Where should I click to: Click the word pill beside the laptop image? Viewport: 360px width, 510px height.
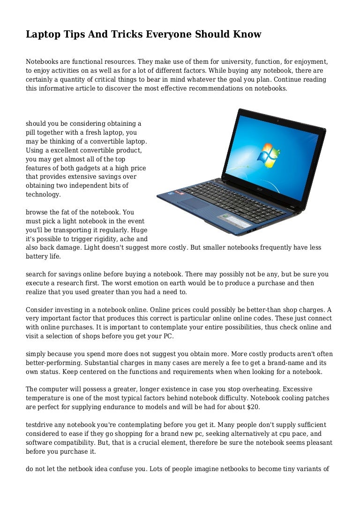click(x=31, y=133)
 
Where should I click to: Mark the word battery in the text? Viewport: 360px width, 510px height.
click(x=37, y=257)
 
